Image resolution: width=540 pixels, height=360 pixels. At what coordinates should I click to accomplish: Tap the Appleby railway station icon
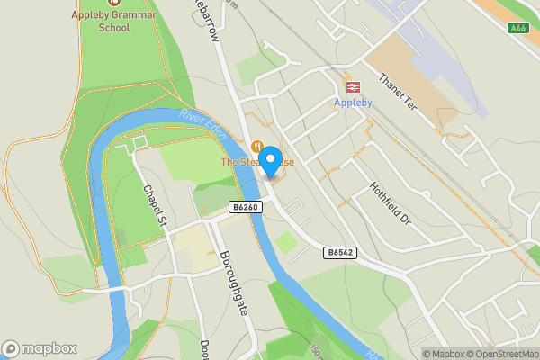click(353, 87)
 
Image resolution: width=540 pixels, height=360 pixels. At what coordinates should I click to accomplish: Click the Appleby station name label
click(353, 103)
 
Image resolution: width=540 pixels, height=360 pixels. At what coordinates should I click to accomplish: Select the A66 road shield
click(517, 28)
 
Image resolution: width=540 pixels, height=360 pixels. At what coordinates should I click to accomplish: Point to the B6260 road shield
click(245, 207)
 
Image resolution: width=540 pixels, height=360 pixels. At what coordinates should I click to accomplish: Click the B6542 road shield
click(340, 253)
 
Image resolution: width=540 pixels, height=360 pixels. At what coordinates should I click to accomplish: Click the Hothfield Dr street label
click(390, 204)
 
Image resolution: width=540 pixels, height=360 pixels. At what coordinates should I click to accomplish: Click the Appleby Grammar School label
click(114, 22)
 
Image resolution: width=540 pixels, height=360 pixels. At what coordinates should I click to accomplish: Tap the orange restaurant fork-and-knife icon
click(258, 146)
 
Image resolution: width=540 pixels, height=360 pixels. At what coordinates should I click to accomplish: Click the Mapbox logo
click(39, 349)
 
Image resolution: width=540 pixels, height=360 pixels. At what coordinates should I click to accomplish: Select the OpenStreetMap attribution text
click(505, 354)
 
